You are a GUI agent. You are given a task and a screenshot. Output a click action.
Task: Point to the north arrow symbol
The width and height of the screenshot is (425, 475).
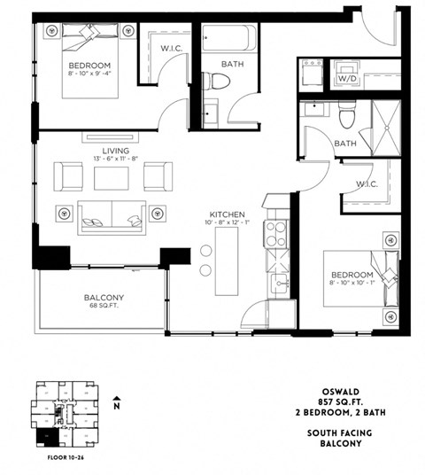click(x=115, y=403)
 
